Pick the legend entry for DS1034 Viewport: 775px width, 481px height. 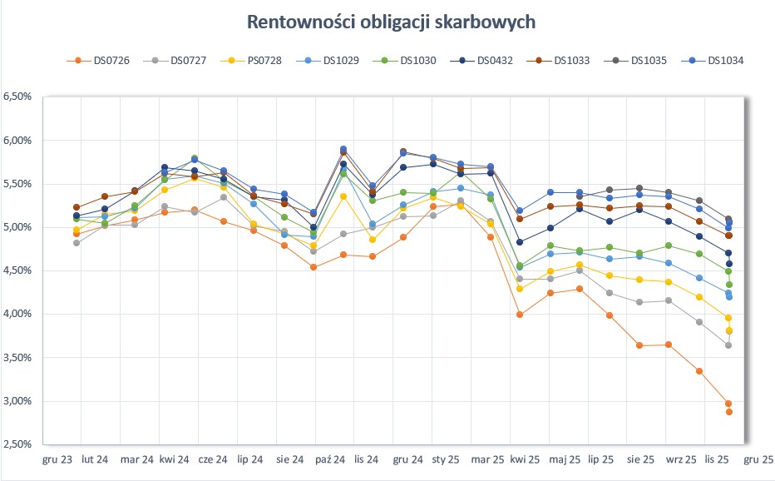(x=725, y=61)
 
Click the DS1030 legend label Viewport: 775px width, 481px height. (x=417, y=61)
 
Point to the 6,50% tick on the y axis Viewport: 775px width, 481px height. (x=17, y=97)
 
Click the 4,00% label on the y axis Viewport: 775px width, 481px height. (x=17, y=314)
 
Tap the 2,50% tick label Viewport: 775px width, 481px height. (x=17, y=444)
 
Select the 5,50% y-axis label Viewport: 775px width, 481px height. (x=17, y=184)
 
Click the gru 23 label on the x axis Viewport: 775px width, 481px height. (x=57, y=459)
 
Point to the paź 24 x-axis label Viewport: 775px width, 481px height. (x=331, y=459)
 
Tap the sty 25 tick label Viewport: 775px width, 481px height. (x=447, y=459)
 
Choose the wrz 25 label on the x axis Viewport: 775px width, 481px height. (x=680, y=459)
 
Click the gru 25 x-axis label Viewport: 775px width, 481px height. (x=758, y=459)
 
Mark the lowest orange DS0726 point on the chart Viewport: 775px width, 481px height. (x=728, y=412)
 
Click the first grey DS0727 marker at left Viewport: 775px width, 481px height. (x=77, y=243)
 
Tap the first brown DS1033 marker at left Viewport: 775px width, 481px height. (x=77, y=207)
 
